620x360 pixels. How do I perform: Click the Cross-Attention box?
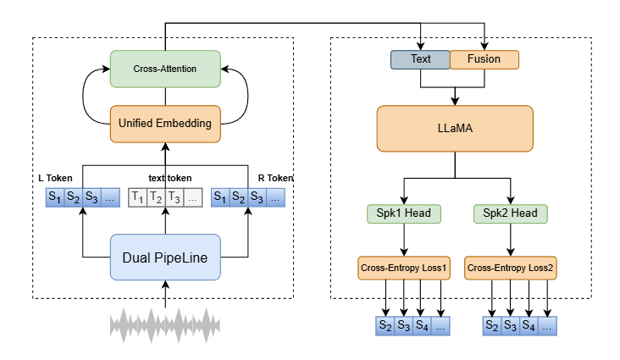pos(165,68)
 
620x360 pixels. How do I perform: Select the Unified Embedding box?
pos(165,124)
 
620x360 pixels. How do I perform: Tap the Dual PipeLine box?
pos(165,256)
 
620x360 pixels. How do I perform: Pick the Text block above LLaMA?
pos(420,60)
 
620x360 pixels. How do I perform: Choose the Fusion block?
pos(484,60)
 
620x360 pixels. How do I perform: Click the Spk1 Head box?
pos(403,213)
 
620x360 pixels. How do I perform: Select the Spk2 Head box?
pos(509,213)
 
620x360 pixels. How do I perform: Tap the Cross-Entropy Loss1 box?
pos(403,269)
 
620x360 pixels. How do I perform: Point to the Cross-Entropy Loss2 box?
pos(509,269)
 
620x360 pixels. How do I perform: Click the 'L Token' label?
pos(55,178)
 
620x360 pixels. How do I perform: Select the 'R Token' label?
pos(275,178)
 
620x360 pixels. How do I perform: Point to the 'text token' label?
pos(164,178)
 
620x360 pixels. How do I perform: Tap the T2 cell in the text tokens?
pos(155,199)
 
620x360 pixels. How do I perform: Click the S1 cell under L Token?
pos(55,199)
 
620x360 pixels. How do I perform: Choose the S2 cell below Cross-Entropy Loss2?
pos(492,326)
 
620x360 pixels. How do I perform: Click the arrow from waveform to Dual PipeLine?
pos(165,293)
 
